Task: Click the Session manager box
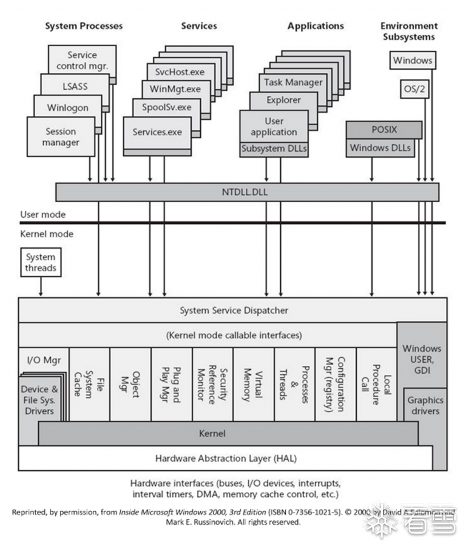click(x=61, y=137)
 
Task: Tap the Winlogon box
click(x=68, y=108)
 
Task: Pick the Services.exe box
click(x=157, y=132)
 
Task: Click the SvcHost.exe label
click(x=180, y=72)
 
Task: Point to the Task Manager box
click(x=294, y=82)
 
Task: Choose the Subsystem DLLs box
click(x=274, y=149)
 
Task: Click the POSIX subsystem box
click(x=383, y=130)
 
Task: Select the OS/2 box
click(x=416, y=90)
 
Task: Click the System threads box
click(x=41, y=263)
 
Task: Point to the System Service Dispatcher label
click(x=234, y=311)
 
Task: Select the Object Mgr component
click(x=130, y=385)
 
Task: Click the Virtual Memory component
click(x=253, y=385)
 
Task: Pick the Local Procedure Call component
click(x=376, y=385)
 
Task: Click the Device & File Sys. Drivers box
click(x=39, y=400)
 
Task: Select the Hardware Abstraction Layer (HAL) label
click(x=226, y=458)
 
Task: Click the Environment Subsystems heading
click(x=408, y=32)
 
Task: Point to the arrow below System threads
click(x=41, y=286)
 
